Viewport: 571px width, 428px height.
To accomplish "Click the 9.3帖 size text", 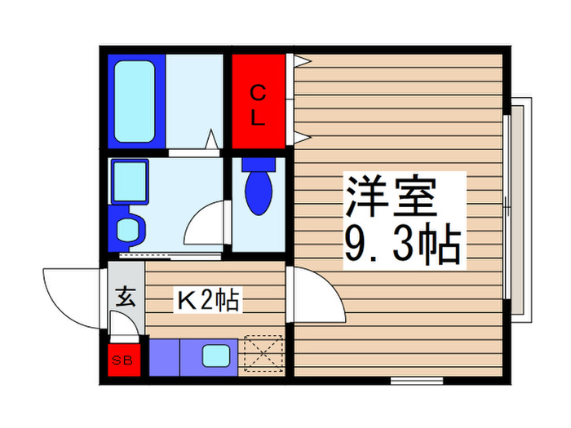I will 403,242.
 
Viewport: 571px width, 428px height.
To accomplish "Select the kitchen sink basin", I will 216,356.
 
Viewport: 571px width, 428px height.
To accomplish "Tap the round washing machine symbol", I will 128,228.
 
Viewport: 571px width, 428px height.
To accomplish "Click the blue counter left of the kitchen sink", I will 164,356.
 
